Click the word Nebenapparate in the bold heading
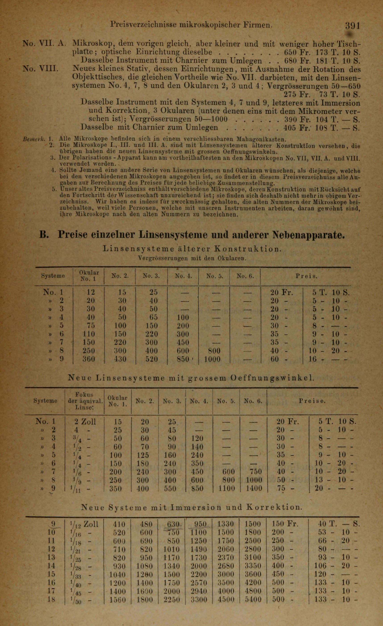(x=309, y=234)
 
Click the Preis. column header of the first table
(x=306, y=276)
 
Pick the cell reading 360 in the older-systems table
(x=89, y=359)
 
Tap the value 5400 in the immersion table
(x=253, y=600)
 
